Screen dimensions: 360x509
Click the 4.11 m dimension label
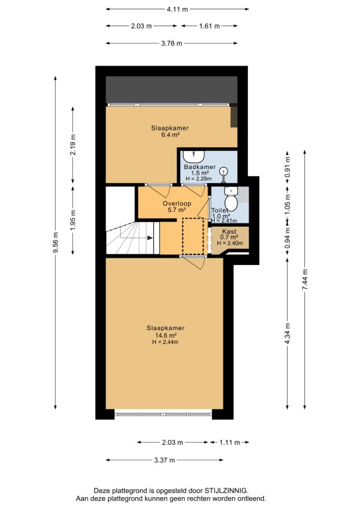[x=177, y=9]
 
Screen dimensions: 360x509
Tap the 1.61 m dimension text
[x=210, y=26]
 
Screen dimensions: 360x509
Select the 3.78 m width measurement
[x=172, y=43]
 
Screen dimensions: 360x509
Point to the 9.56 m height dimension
[x=56, y=242]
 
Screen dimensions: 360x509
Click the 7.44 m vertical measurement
[x=304, y=280]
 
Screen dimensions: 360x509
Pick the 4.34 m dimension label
[x=287, y=334]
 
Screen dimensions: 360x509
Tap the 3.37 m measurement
[x=164, y=460]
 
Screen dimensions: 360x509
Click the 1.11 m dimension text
[x=230, y=442]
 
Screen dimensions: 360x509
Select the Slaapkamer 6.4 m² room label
[x=170, y=131]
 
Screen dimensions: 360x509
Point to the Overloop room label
[x=176, y=203]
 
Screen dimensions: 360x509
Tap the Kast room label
[x=229, y=231]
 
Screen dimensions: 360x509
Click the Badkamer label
[x=200, y=167]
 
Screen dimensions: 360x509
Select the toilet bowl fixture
[x=231, y=199]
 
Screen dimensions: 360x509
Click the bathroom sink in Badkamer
[x=194, y=156]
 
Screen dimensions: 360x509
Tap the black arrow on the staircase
[x=150, y=238]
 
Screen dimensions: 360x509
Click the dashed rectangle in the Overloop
[x=193, y=237]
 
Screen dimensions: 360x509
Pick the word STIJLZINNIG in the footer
[x=225, y=490]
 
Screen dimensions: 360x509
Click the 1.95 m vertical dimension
[x=73, y=221]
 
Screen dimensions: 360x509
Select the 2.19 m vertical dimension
[x=73, y=144]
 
